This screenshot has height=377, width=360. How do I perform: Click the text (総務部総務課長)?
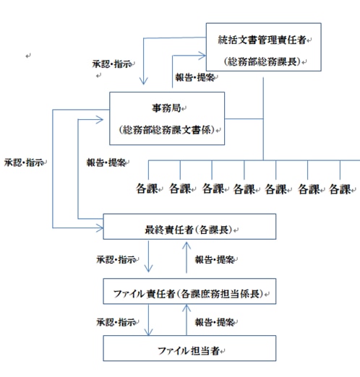pos(262,60)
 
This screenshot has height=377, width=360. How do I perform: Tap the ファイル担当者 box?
pos(189,350)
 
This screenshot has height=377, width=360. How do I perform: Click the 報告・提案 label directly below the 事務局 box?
pos(106,163)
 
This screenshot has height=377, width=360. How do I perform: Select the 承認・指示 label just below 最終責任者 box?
pos(116,258)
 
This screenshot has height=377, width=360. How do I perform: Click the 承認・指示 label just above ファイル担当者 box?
pos(116,319)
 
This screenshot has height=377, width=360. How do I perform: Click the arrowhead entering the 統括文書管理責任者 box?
pos(202,53)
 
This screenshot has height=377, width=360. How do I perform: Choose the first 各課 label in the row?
pos(147,189)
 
